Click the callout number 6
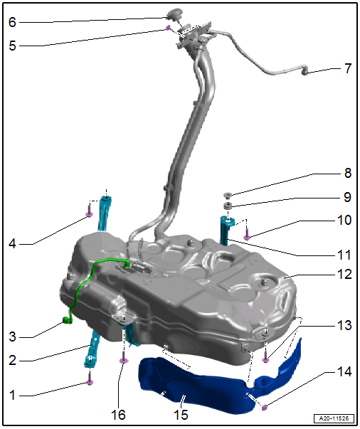[x=12, y=22]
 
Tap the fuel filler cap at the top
[x=174, y=14]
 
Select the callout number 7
[x=348, y=68]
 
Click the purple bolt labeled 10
[x=247, y=235]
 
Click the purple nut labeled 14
[x=264, y=408]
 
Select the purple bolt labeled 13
[x=265, y=357]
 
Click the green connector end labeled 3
[x=67, y=320]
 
